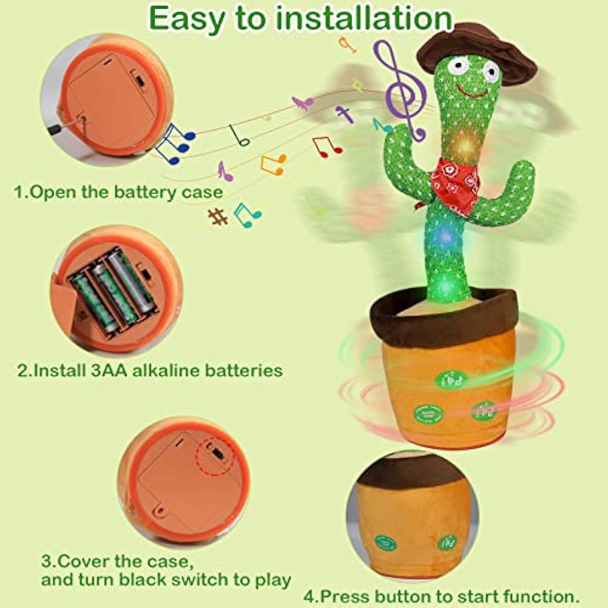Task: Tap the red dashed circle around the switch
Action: point(215,455)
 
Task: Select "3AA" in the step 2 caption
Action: point(109,370)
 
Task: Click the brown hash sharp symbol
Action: point(218,216)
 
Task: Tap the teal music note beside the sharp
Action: point(247,212)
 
